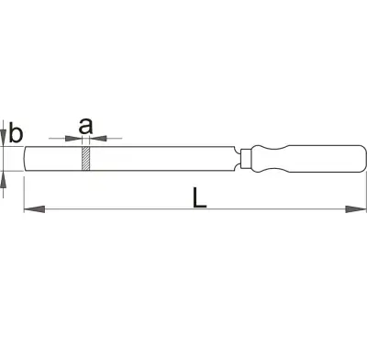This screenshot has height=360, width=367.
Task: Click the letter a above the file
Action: (85, 127)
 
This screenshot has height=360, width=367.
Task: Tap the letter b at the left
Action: (16, 132)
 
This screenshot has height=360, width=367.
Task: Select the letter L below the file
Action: (200, 197)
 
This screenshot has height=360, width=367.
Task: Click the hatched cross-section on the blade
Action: (86, 159)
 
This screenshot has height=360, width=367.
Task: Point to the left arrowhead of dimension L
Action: (34, 209)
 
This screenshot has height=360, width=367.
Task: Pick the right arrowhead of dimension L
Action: (356, 209)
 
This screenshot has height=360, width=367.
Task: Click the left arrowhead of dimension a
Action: (73, 139)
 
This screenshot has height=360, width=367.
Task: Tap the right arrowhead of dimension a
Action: (98, 139)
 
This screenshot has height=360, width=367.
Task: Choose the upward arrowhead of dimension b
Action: (4, 180)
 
